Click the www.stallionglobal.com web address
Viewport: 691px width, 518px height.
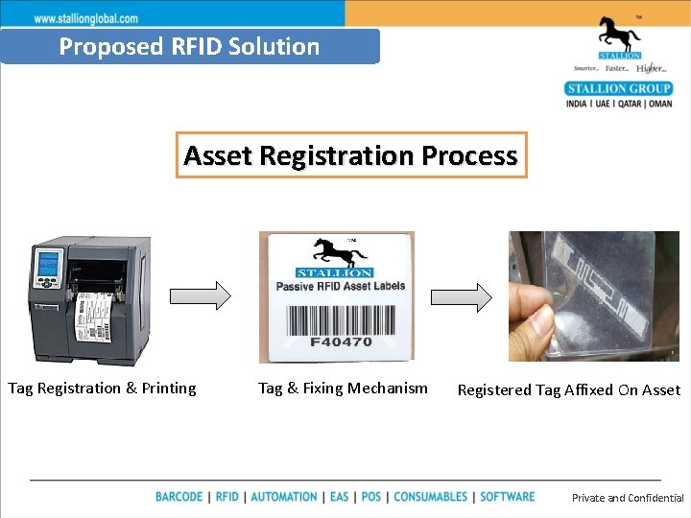[86, 18]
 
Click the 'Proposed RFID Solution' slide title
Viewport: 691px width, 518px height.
[189, 46]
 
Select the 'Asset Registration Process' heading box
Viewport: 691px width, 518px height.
[350, 155]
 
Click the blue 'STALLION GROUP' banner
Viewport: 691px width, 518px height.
[619, 89]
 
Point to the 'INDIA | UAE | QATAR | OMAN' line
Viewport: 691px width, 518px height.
[619, 104]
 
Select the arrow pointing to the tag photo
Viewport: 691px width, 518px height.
[461, 296]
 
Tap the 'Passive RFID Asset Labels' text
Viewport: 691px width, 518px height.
[340, 285]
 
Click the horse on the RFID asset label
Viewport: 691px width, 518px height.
[339, 254]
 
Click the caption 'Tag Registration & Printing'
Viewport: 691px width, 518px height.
[102, 388]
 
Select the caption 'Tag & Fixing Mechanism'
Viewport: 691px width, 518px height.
[343, 388]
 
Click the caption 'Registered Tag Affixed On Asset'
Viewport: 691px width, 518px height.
[568, 390]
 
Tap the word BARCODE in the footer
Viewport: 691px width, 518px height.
[179, 497]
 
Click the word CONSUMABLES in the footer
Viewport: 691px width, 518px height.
[431, 497]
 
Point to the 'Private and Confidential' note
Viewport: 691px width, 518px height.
[628, 498]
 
